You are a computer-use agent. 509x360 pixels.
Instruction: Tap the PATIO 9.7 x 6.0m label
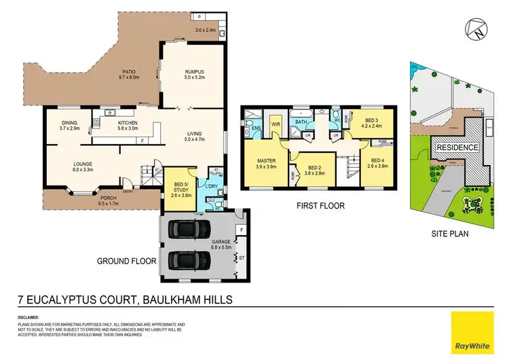pyautogui.click(x=129, y=75)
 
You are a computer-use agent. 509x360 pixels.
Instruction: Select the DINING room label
pyautogui.click(x=71, y=126)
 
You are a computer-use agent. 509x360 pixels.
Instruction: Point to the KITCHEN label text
pyautogui.click(x=128, y=126)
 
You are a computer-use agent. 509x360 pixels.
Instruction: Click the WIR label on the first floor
pyautogui.click(x=276, y=125)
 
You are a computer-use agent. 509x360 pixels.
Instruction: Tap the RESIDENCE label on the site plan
pyautogui.click(x=457, y=147)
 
